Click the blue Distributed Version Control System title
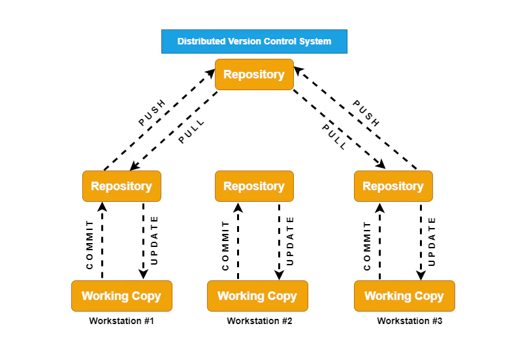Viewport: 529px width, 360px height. click(x=254, y=41)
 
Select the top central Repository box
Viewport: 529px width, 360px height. click(x=254, y=74)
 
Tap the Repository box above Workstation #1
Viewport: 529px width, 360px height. click(x=121, y=186)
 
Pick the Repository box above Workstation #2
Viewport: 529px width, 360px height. click(x=254, y=186)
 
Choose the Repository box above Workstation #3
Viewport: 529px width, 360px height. click(x=393, y=186)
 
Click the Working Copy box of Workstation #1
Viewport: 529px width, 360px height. click(x=121, y=296)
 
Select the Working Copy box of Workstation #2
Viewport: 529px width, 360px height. click(x=257, y=296)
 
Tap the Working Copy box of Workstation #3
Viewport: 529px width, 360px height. click(x=404, y=296)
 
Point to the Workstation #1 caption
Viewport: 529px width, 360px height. click(x=121, y=321)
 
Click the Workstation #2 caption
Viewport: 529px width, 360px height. click(x=259, y=321)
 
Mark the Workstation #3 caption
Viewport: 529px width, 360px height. click(x=409, y=321)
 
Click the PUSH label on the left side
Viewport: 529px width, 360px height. click(x=152, y=112)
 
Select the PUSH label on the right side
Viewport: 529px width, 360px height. click(x=366, y=113)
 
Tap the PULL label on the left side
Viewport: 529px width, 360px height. click(x=191, y=131)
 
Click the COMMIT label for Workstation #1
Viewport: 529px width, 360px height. click(x=90, y=245)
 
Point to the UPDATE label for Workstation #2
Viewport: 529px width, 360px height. click(x=291, y=240)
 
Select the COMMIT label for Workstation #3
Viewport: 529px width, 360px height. click(x=367, y=245)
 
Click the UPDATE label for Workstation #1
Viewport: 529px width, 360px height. click(x=155, y=240)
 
